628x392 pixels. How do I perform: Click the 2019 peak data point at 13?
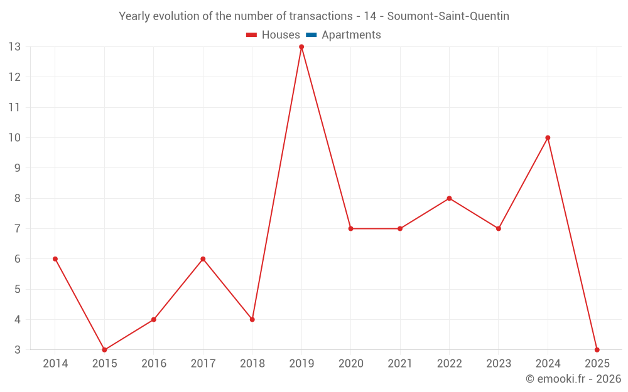301,47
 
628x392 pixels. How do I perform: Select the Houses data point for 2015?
104,349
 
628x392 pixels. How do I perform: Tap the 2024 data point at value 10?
548,138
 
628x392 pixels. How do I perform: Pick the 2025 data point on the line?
597,349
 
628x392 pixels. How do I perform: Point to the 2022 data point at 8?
449,198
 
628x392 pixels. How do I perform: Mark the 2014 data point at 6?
55,259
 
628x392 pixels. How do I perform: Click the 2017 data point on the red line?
203,259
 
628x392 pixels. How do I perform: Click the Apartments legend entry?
351,35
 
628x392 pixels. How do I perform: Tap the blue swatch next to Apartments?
311,35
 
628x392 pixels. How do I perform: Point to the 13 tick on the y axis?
14,47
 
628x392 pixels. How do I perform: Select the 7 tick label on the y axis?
18,229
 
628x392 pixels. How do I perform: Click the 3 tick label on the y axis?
18,350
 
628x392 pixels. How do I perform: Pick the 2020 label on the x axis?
351,364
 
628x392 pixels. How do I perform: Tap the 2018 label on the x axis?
252,364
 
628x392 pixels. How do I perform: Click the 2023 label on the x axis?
499,364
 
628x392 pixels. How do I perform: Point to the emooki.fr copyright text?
573,379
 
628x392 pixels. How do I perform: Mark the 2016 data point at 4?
154,319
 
